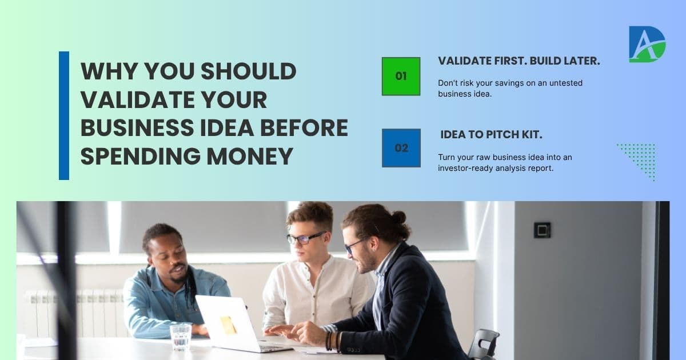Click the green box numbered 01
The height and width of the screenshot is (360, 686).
coord(401,76)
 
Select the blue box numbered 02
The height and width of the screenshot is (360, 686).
coord(401,148)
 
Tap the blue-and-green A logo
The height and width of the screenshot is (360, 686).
coord(647,44)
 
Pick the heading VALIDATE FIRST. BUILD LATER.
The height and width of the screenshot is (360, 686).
coord(519,61)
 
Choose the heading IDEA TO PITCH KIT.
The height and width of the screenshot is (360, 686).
coord(492,135)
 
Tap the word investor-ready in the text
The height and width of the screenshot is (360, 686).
coord(465,168)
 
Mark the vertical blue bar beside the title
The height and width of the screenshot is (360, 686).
coord(64,115)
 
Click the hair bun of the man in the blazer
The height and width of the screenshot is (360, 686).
coord(398,217)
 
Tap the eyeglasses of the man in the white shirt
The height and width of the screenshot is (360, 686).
coord(306,238)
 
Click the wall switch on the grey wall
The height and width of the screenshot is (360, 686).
coord(542,230)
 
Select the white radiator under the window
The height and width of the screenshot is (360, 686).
coord(74,312)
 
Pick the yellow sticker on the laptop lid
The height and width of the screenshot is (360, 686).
coord(229,325)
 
